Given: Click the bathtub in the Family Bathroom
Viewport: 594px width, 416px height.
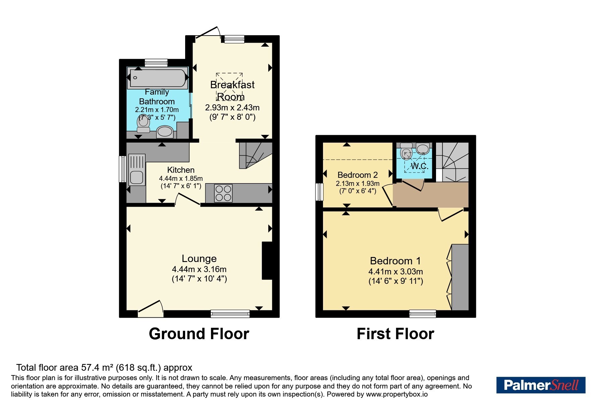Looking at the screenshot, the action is click(x=158, y=77).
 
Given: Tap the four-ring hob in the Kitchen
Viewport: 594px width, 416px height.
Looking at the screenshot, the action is click(x=223, y=193).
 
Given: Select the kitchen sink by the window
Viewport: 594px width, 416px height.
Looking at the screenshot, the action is click(x=137, y=170).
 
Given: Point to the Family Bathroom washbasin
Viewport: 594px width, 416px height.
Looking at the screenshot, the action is click(x=165, y=132).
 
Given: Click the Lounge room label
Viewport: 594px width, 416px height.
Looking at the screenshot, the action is click(x=199, y=259).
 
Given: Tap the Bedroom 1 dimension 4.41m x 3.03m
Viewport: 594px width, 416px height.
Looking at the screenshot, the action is click(x=396, y=272).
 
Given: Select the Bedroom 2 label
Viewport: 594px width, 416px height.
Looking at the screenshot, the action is click(x=358, y=175).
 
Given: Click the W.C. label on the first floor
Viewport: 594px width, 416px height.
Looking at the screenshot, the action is click(x=420, y=166).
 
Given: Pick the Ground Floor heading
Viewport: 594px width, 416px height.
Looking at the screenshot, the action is click(x=199, y=334).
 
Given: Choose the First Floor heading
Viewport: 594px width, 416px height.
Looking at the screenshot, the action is click(x=395, y=334).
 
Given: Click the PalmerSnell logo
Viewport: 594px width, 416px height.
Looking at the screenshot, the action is click(x=541, y=385).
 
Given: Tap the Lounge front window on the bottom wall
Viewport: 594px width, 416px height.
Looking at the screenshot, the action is click(x=230, y=313).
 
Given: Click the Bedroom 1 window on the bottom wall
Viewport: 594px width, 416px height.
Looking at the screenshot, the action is click(x=423, y=314).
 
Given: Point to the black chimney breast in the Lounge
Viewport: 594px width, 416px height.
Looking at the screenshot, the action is click(x=267, y=261).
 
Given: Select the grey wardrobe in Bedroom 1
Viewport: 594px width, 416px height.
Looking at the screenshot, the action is click(x=460, y=277).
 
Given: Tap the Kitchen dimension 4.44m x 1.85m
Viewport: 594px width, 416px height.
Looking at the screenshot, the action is click(x=181, y=178).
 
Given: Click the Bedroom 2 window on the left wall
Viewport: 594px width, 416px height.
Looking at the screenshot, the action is click(x=319, y=192).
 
